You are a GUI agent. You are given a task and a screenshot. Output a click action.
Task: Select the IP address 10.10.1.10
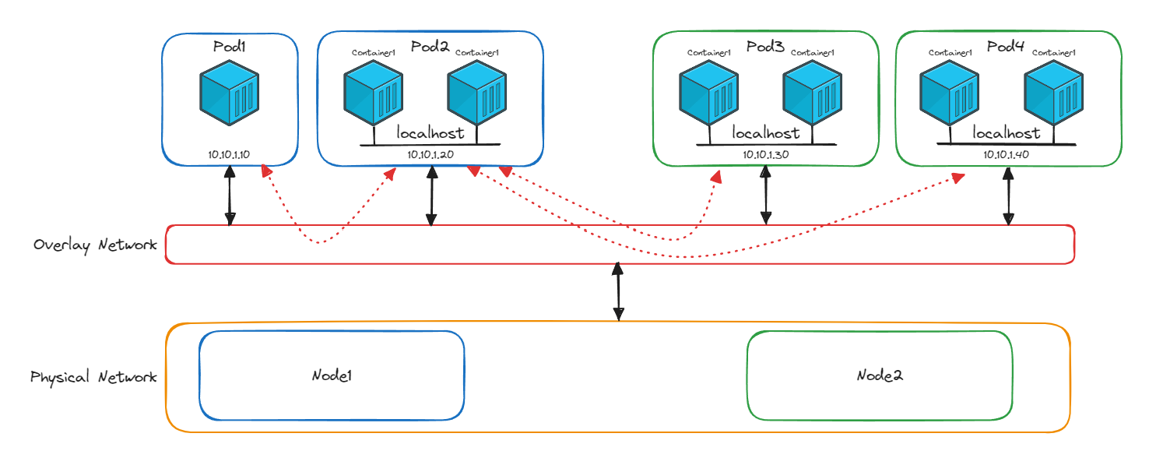point(229,154)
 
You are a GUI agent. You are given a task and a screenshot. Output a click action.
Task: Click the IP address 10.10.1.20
point(430,154)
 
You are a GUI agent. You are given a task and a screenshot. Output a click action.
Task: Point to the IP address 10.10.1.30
point(765,154)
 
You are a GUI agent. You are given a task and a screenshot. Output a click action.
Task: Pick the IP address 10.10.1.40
point(1007,154)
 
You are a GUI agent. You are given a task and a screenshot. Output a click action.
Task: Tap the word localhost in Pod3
point(766,133)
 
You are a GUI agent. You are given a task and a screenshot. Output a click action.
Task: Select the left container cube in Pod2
point(374,95)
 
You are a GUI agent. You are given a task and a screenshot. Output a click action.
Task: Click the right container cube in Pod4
point(1054,95)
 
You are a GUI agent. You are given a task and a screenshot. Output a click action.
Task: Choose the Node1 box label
point(332,375)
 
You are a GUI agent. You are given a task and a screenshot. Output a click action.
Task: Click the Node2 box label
point(880,375)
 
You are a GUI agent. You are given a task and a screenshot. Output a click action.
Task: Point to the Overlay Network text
point(95,245)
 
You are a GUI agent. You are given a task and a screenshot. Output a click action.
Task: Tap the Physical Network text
point(93,377)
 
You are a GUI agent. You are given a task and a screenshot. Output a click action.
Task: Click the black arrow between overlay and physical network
point(618,292)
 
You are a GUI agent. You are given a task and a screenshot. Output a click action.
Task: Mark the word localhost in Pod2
point(430,133)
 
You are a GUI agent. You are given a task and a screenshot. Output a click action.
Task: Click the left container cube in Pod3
point(708,95)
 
